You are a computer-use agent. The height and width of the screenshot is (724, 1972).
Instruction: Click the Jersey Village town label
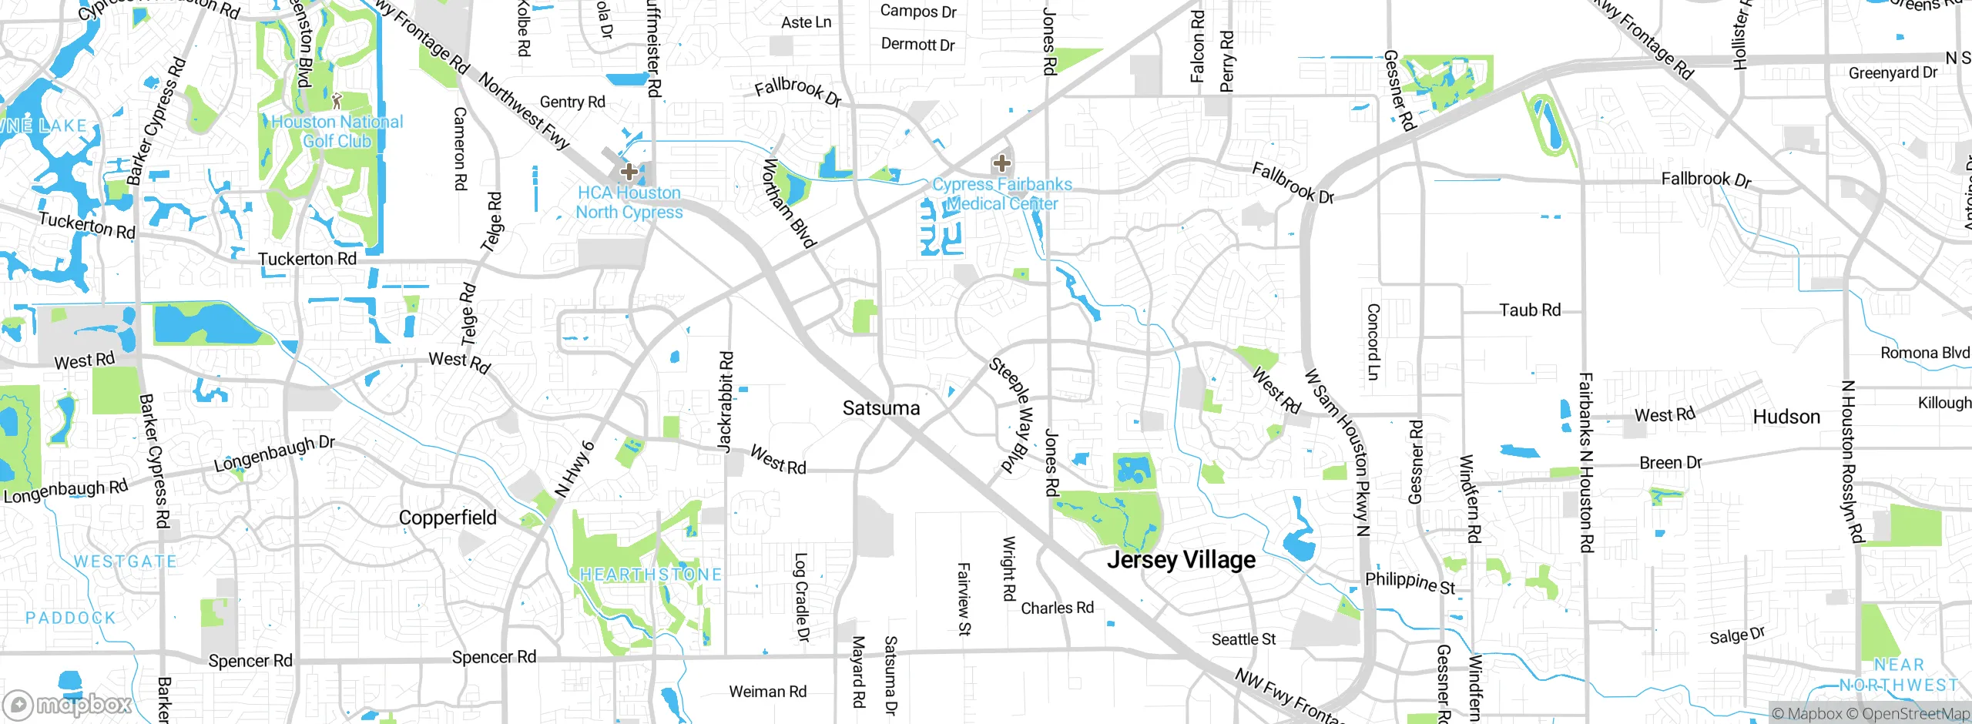[1181, 560]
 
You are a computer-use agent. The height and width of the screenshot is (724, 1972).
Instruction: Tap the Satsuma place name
[881, 408]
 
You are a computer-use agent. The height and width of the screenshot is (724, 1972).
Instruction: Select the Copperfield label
[448, 518]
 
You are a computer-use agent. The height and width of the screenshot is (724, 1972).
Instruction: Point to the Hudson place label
[1786, 417]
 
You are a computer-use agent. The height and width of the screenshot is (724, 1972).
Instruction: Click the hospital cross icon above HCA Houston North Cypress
[629, 171]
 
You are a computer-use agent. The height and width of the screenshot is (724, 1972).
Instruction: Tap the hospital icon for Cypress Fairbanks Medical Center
[1001, 163]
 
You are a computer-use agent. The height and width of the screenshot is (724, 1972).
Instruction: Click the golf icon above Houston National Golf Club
[337, 100]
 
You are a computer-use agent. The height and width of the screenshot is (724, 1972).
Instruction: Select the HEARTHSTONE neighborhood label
[651, 575]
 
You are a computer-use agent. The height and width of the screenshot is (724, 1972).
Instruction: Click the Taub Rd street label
[1530, 310]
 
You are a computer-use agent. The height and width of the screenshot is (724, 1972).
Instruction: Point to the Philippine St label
[1410, 582]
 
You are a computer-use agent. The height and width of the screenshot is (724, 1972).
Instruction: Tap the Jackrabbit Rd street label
[725, 401]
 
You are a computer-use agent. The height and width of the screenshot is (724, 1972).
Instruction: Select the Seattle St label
[1243, 639]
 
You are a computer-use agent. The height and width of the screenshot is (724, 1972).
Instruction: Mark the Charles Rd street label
[1057, 608]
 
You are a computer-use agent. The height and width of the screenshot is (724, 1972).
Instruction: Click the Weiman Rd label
[767, 692]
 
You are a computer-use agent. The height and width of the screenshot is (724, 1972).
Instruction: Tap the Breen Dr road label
[1670, 463]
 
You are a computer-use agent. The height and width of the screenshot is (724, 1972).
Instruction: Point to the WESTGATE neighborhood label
[126, 561]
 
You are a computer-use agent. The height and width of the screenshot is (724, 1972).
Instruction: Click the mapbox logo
[68, 704]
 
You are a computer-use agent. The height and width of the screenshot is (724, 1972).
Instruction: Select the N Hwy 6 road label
[575, 468]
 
